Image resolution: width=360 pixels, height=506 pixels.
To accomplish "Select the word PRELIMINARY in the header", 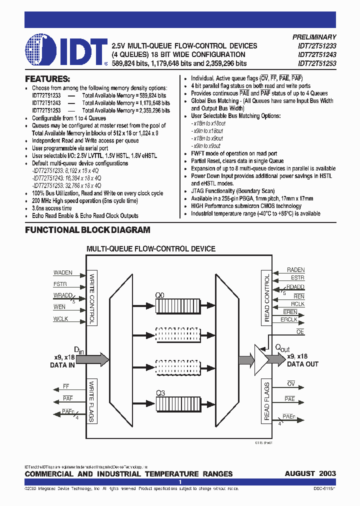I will pyautogui.click(x=314, y=37).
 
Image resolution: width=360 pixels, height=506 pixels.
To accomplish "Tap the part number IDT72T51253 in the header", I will pyautogui.click(x=317, y=64).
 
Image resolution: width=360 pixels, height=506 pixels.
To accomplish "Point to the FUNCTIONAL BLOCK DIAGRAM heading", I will pyautogui.click(x=87, y=230).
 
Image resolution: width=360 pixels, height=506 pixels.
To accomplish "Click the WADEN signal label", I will pyautogui.click(x=63, y=273).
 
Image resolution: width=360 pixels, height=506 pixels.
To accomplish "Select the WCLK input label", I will pyautogui.click(x=60, y=319).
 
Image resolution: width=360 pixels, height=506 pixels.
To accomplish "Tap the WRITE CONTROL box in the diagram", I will pyautogui.click(x=91, y=298).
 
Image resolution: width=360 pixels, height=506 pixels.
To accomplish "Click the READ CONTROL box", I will pyautogui.click(x=266, y=297).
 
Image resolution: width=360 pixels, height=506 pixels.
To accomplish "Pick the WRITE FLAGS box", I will pyautogui.click(x=91, y=401).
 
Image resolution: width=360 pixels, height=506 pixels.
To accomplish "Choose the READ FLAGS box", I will pyautogui.click(x=266, y=401).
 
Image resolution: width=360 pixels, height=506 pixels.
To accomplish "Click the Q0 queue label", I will pyautogui.click(x=159, y=295).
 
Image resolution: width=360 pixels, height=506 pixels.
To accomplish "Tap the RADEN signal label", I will pyautogui.click(x=295, y=270).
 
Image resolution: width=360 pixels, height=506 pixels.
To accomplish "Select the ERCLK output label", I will pyautogui.click(x=289, y=319).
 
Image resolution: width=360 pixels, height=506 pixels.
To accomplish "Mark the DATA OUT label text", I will pyautogui.click(x=302, y=364).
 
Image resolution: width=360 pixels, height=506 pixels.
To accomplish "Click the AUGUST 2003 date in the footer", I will pyautogui.click(x=310, y=473).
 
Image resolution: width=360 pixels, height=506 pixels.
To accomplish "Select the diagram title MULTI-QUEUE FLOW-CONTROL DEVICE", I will pyautogui.click(x=151, y=248).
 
